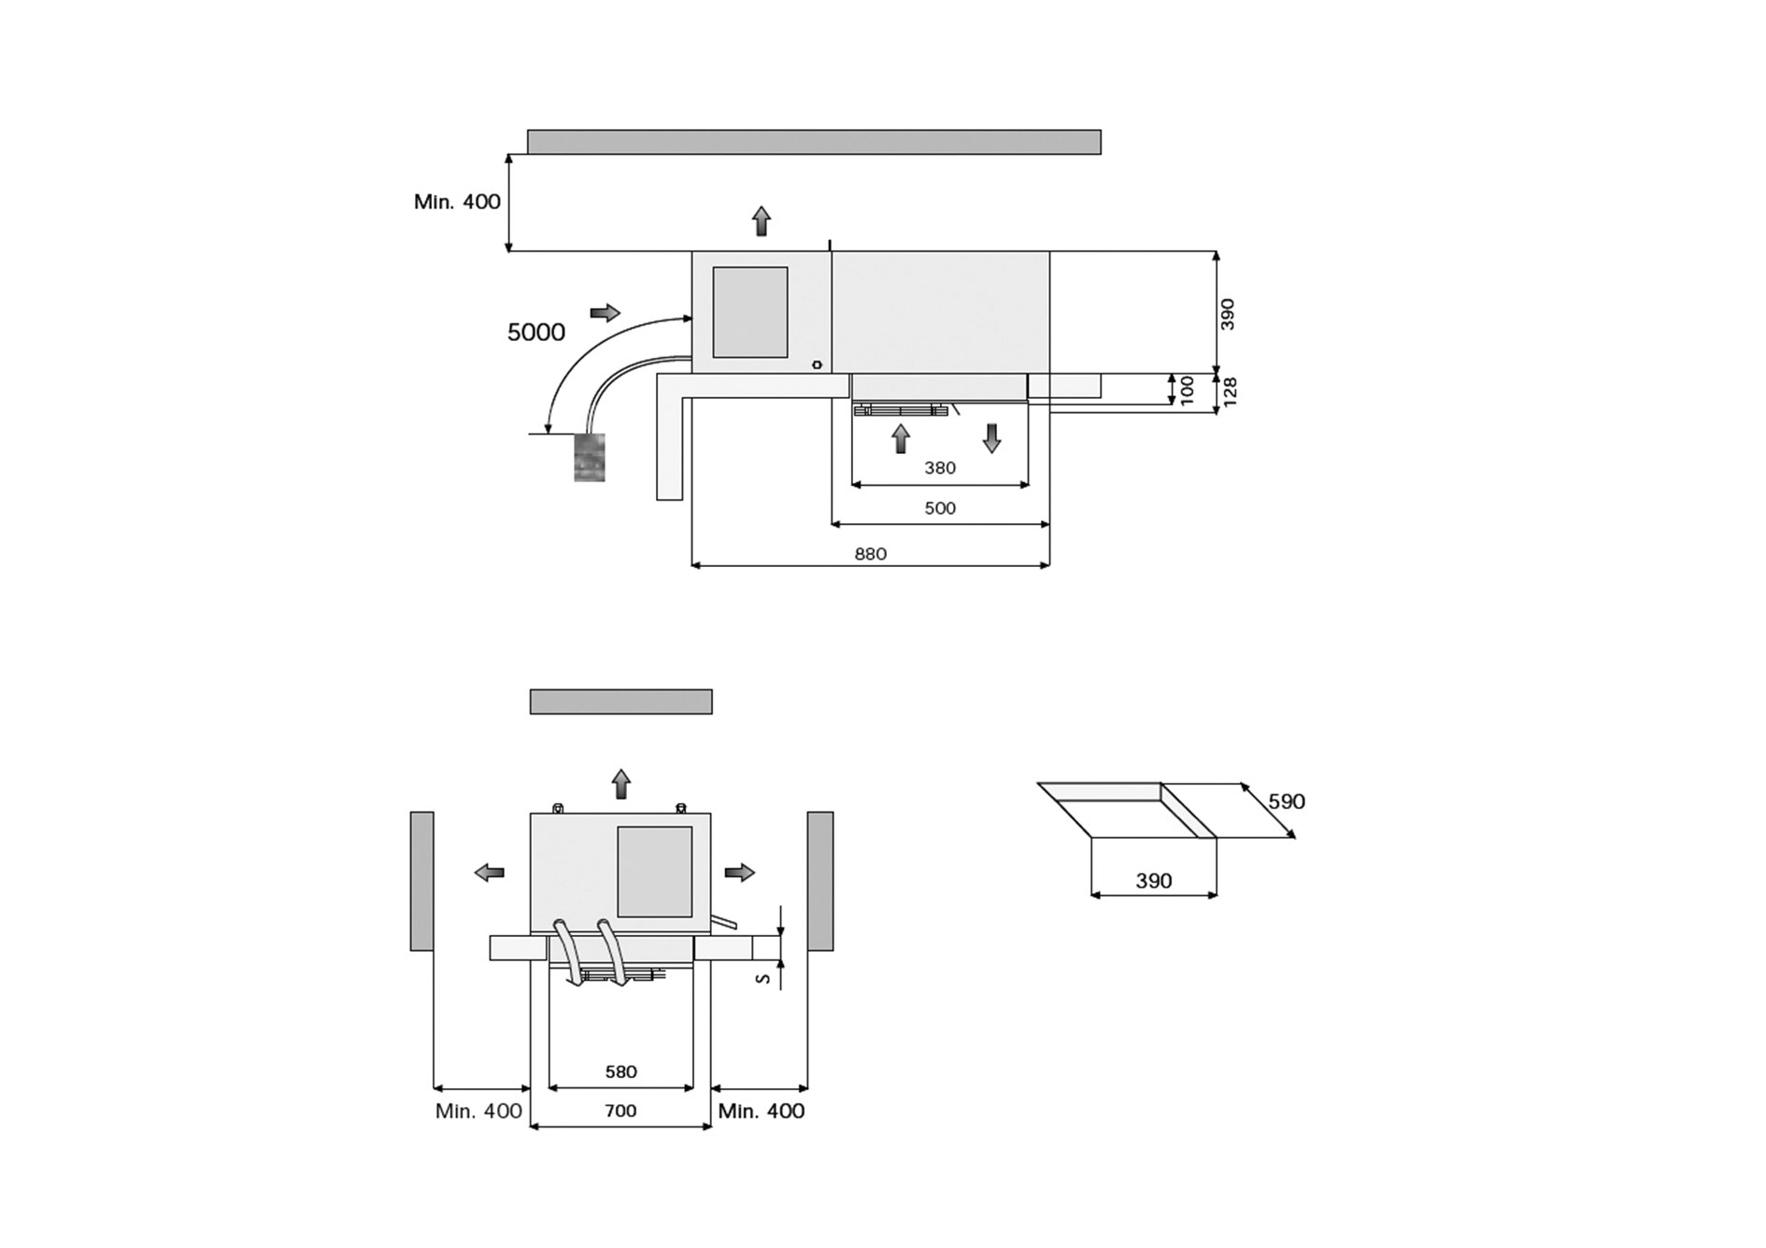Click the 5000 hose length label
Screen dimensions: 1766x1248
tap(535, 333)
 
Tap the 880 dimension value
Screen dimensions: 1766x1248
tap(870, 554)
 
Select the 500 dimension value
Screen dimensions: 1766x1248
tap(940, 508)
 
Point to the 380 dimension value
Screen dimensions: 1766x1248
tap(940, 468)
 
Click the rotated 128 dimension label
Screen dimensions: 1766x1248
tap(1230, 391)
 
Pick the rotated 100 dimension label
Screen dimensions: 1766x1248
tap(1187, 390)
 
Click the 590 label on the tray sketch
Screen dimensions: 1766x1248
tap(1287, 801)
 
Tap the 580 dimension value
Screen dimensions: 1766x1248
tap(620, 1071)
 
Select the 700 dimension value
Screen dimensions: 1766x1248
tap(620, 1111)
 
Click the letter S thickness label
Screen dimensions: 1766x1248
tap(763, 978)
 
